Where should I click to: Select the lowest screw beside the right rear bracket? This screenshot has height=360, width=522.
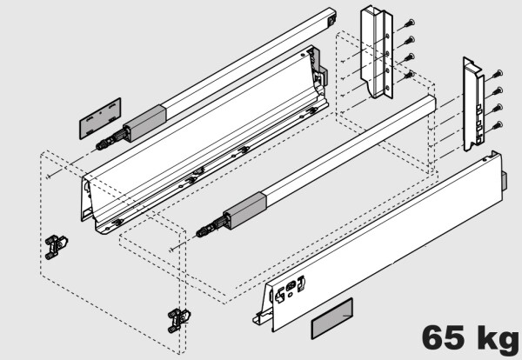pyautogui.click(x=497, y=127)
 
